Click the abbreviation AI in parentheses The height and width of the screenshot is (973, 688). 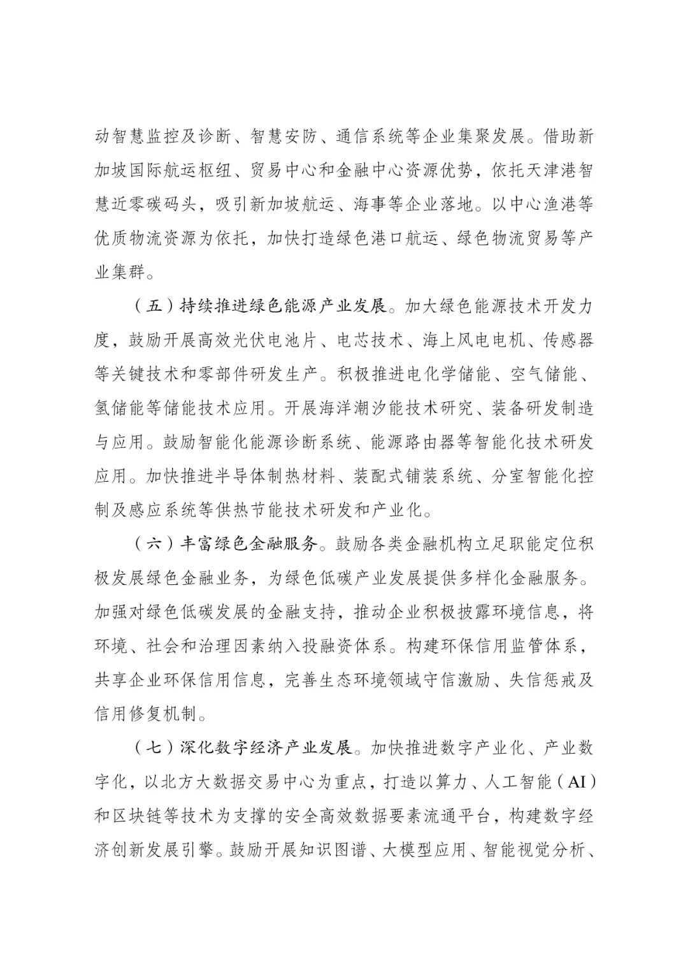(x=576, y=781)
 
